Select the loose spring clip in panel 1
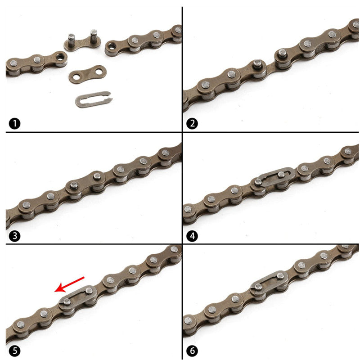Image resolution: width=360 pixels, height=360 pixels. click(x=92, y=99)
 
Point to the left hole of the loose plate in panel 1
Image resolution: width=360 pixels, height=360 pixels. click(x=76, y=77)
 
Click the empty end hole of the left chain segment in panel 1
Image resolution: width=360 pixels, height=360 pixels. click(x=59, y=57)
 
